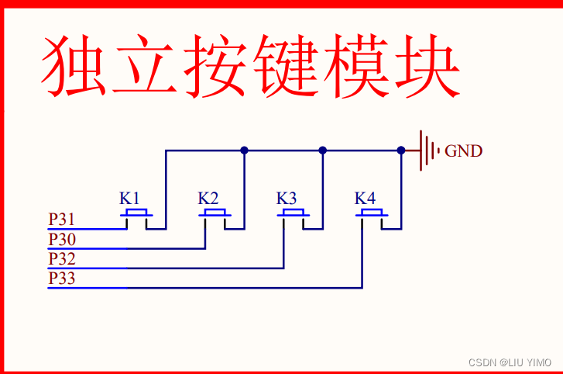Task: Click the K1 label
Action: [x=129, y=198]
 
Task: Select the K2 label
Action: [x=208, y=198]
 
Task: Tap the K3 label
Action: [x=287, y=198]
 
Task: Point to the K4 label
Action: [x=366, y=198]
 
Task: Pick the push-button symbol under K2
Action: [x=215, y=213]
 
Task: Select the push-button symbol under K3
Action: [x=294, y=213]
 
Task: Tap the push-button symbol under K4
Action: [x=372, y=213]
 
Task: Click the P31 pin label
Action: [x=61, y=220]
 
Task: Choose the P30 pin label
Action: [x=61, y=239]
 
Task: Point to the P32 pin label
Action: [x=61, y=258]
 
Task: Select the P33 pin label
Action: [x=61, y=278]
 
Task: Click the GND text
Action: [x=463, y=151]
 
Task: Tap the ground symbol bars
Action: [x=429, y=151]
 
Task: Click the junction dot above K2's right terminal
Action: [x=244, y=151]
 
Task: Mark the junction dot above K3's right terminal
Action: [x=323, y=151]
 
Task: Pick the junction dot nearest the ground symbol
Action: [x=401, y=151]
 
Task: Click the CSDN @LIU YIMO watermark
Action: [x=510, y=362]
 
